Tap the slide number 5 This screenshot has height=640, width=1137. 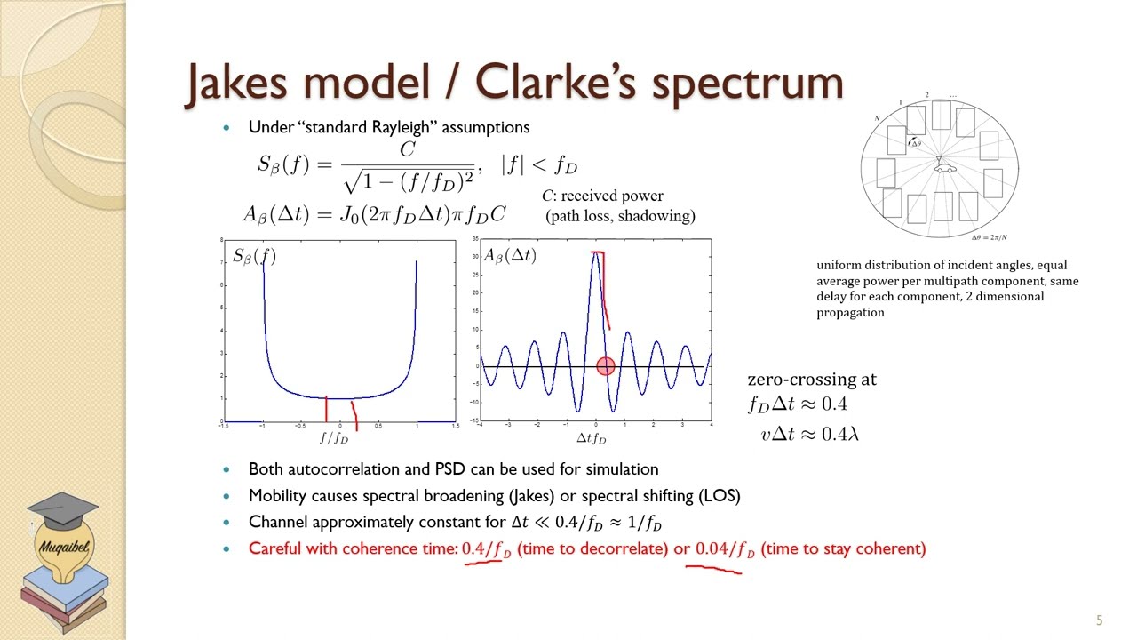[x=1099, y=620]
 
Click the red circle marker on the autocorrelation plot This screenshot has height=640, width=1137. [x=605, y=366]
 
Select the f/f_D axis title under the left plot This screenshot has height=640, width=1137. [x=334, y=438]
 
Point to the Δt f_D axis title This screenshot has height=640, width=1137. [x=592, y=438]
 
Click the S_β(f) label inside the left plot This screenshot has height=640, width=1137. [x=254, y=257]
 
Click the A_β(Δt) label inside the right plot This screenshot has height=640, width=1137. [x=510, y=256]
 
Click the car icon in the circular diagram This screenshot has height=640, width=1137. [x=943, y=167]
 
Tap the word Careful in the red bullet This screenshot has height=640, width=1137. [x=274, y=548]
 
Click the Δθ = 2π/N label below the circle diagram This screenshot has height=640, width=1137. [x=989, y=237]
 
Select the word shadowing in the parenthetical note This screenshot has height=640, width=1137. [x=661, y=216]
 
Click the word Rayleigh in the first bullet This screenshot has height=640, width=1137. [x=404, y=127]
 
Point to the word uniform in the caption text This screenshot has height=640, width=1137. [x=838, y=265]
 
